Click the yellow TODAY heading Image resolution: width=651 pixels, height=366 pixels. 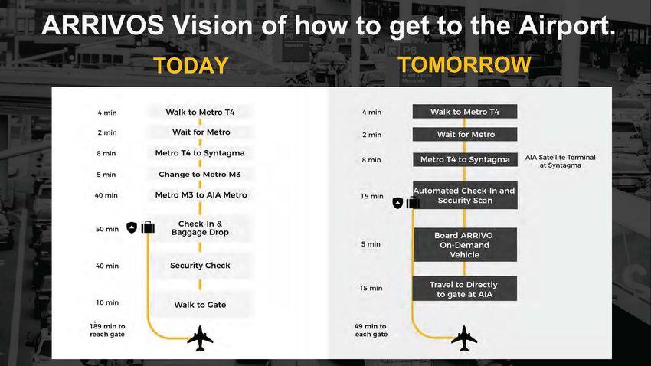point(191,66)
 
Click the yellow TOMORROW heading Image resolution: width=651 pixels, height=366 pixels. point(464,65)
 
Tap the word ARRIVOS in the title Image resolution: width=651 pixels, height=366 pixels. point(103,25)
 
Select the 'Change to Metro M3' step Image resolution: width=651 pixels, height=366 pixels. point(200,175)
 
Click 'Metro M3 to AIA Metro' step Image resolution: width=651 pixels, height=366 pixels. point(201,195)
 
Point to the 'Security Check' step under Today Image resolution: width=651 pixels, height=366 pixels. point(200,266)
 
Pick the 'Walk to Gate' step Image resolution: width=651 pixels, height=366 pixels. point(200,305)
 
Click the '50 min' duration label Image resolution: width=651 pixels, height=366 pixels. point(107,229)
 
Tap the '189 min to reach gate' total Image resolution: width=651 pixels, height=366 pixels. point(107,330)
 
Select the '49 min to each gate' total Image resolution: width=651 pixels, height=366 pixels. point(371,330)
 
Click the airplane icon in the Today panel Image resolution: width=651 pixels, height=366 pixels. point(200,338)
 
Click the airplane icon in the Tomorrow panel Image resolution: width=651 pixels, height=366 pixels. point(464,338)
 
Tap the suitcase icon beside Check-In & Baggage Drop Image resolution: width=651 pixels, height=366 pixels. point(148,227)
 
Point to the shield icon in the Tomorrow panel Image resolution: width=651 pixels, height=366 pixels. point(397,203)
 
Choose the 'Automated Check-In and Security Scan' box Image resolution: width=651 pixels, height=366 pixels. point(465,195)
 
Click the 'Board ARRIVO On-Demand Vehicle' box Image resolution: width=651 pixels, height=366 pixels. point(465,245)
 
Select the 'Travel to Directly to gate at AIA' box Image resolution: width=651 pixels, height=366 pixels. point(465,289)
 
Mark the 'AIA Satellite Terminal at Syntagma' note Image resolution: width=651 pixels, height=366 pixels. point(560,161)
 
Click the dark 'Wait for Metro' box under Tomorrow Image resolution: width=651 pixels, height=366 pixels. point(465,135)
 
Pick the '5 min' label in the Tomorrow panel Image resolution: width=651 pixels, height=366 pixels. point(371,244)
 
